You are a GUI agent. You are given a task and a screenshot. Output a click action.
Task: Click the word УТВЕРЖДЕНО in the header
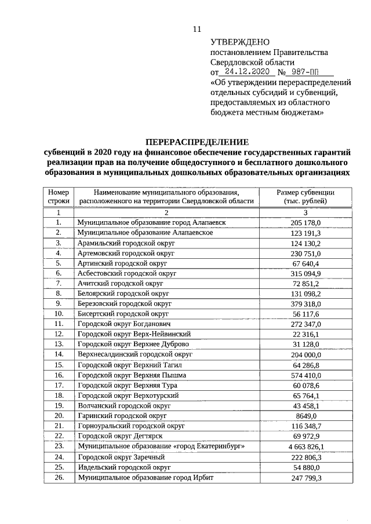240,42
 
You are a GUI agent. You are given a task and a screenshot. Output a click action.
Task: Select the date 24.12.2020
248,72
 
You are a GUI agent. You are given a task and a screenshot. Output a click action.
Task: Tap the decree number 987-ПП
309,72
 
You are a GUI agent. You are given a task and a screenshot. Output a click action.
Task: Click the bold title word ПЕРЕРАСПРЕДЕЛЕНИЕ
197,142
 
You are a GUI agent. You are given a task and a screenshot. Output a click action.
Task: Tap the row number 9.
59,303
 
